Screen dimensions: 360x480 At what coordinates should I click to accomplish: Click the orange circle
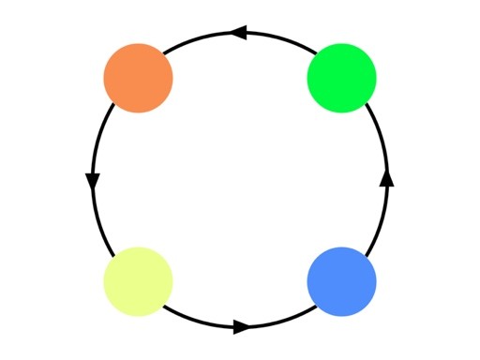(x=138, y=78)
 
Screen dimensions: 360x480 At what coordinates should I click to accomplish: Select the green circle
(x=341, y=78)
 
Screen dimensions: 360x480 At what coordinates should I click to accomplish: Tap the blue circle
(x=341, y=281)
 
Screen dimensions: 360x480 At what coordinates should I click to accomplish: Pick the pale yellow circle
(x=138, y=281)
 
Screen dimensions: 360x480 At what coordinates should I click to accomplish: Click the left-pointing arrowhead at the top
(x=238, y=34)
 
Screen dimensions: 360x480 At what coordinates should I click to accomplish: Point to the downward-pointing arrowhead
(x=93, y=181)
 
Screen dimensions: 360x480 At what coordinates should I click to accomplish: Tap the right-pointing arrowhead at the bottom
(x=241, y=327)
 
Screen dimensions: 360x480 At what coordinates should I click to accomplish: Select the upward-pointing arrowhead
(x=386, y=178)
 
